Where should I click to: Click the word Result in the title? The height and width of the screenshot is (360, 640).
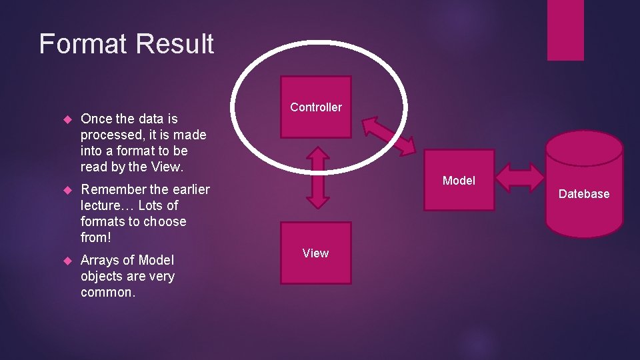(175, 44)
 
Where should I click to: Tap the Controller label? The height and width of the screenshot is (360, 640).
(316, 107)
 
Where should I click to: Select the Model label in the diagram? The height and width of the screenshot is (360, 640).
(459, 181)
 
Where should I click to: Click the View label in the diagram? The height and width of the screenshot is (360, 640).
(315, 253)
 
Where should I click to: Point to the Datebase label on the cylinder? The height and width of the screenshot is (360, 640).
(584, 194)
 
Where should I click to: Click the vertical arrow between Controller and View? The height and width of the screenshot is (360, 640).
(319, 177)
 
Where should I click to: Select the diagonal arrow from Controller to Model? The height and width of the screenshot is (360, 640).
(388, 136)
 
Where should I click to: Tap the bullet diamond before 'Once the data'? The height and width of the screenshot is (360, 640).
(67, 119)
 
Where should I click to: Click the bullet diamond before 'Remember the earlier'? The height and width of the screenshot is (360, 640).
(67, 190)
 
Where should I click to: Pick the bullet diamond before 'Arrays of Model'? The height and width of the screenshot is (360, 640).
(67, 261)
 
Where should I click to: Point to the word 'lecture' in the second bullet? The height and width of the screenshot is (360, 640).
(102, 205)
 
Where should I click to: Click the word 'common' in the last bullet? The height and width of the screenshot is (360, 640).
(106, 292)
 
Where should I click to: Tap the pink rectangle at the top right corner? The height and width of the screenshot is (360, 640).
(565, 30)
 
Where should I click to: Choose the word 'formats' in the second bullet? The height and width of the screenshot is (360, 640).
(103, 221)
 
